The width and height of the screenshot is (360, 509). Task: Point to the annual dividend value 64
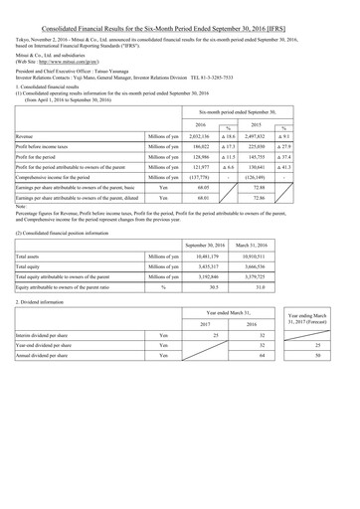(x=288, y=448)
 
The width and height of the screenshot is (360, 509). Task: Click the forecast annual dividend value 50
(x=343, y=448)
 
